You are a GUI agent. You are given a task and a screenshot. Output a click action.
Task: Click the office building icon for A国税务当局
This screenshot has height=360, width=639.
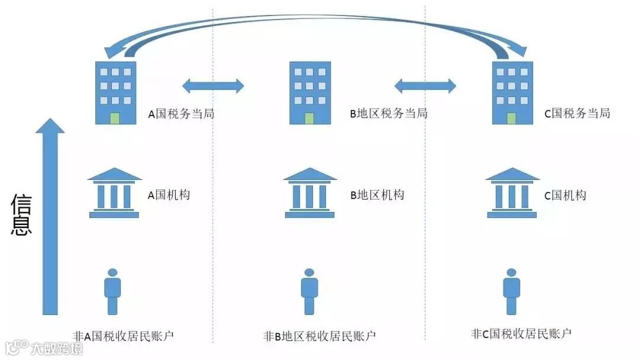[x=115, y=93]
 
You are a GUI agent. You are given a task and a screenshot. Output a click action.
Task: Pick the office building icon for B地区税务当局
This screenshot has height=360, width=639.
[x=309, y=93]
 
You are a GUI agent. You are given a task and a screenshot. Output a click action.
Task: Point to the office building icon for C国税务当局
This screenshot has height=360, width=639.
[x=512, y=93]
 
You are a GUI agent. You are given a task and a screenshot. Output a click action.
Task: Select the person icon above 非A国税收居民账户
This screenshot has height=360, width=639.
[x=112, y=291]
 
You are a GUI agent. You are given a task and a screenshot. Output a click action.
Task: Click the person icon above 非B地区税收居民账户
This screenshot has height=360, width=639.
[x=309, y=291]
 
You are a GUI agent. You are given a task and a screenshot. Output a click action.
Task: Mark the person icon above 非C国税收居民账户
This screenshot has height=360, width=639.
[x=512, y=291]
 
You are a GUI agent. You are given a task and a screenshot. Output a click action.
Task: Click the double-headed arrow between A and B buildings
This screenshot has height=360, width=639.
[x=213, y=86]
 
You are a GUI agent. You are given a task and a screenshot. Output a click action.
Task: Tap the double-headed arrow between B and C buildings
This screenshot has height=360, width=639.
[x=425, y=86]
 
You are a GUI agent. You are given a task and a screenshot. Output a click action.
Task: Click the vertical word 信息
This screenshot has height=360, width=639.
[x=21, y=214]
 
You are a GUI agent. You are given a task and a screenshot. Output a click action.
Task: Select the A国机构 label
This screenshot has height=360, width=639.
[x=169, y=195]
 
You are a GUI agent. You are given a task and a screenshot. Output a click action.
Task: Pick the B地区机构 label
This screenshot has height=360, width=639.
[x=377, y=195]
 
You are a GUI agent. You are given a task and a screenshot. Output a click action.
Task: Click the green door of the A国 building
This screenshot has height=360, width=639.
[x=115, y=118]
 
